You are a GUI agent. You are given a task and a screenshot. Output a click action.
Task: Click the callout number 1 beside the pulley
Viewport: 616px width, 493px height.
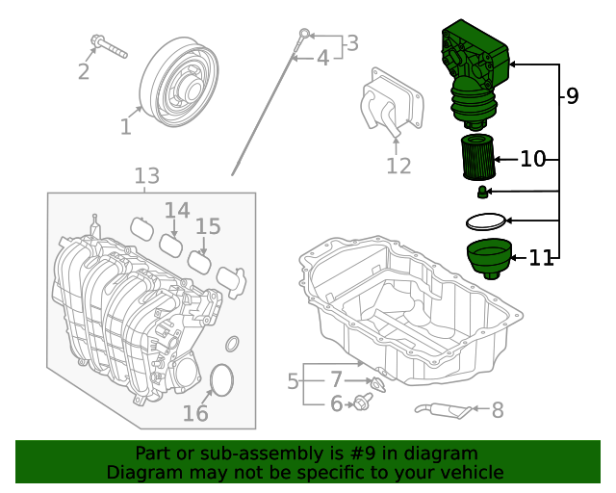pos(126,126)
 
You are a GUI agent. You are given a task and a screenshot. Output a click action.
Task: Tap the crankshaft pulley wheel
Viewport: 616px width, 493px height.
pos(179,85)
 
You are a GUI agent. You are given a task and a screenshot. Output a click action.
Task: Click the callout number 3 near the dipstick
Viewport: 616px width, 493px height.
pos(352,43)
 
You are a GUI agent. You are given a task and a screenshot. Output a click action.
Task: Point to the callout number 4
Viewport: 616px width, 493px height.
pos(323,59)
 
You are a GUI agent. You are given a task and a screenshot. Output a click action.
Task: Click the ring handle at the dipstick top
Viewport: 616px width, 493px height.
pos(304,36)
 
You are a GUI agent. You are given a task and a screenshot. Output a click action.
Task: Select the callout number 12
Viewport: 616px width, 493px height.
pos(398,167)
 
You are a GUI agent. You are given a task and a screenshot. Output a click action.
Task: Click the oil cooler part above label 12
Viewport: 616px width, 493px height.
pos(389,104)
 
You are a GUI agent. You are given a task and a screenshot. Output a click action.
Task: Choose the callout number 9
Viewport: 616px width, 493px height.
pos(572,95)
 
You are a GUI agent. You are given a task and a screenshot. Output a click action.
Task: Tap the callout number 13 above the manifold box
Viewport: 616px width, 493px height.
pos(146,176)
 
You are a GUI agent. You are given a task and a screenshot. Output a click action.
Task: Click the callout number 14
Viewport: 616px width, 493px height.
pos(177,210)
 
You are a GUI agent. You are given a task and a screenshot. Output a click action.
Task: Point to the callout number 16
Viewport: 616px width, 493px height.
pos(195,414)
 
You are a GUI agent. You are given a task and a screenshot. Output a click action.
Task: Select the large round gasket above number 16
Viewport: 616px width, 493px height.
pos(220,379)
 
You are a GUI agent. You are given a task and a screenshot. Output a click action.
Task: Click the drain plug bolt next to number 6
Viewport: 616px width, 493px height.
pos(364,402)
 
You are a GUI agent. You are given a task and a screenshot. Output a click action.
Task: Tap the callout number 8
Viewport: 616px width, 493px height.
pos(498,411)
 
